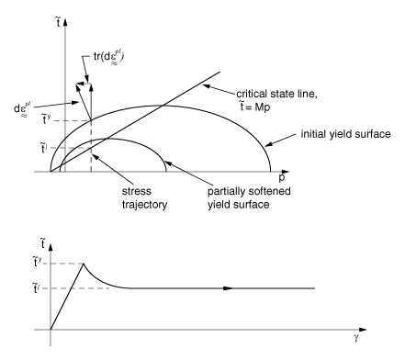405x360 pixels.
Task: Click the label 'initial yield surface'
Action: coord(345,134)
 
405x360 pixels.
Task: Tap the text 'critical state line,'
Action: coord(276,94)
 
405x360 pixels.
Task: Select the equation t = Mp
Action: coord(254,107)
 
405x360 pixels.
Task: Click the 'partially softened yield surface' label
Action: coord(249,197)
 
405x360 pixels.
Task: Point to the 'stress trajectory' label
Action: coord(144,197)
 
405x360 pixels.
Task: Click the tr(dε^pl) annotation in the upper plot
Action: coord(108,57)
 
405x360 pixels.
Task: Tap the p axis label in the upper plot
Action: coord(282,177)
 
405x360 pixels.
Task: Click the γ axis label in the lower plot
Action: coord(355,337)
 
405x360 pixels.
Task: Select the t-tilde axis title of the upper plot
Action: coord(58,22)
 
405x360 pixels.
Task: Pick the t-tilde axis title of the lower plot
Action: coord(43,243)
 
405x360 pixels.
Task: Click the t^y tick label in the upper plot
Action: coord(46,118)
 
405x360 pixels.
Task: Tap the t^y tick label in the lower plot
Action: coord(37,262)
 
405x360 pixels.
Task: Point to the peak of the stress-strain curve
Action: coord(84,264)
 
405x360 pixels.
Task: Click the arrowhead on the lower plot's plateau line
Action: coord(228,288)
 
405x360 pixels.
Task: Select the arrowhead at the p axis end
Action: coord(285,172)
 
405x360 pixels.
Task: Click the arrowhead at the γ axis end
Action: coord(363,330)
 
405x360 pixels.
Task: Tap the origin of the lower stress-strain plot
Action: coord(51,330)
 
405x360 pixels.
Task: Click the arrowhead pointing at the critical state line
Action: coord(208,86)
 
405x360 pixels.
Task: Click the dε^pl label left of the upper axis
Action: coord(22,110)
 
